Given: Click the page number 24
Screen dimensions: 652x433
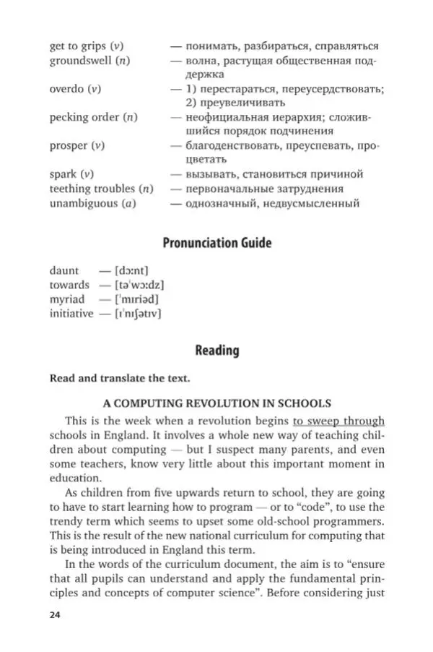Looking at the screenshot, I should pos(55,615).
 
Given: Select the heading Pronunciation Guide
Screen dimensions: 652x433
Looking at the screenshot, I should pos(216,242).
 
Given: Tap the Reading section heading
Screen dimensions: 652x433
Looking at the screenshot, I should pos(216,351).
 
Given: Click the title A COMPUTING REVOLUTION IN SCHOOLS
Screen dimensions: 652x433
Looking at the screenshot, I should pos(216,403).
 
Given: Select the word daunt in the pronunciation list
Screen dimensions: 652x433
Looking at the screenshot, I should pos(64,270).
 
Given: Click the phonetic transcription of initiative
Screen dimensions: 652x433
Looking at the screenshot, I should pos(133,314).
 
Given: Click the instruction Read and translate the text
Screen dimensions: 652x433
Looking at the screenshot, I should pos(120,378).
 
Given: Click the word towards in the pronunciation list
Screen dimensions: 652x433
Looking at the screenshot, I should pos(69,285).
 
